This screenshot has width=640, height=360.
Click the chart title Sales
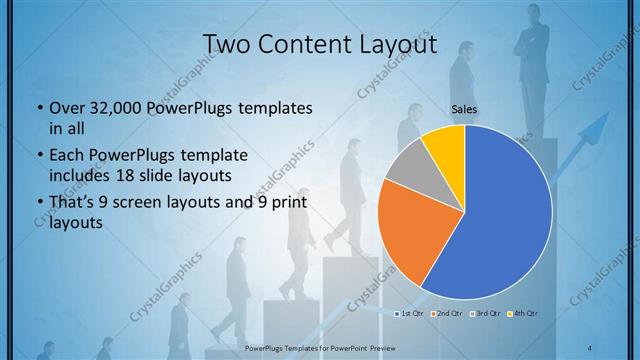pyautogui.click(x=463, y=109)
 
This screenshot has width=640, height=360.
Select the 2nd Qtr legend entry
pyautogui.click(x=447, y=314)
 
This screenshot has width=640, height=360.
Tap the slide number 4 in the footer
pyautogui.click(x=590, y=346)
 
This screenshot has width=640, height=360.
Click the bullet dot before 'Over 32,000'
pyautogui.click(x=38, y=108)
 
